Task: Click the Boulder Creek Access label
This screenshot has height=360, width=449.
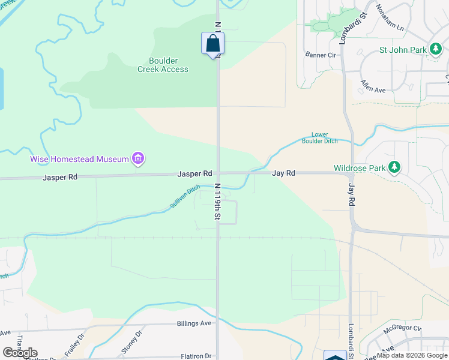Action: (x=163, y=65)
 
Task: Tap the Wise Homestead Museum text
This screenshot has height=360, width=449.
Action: (x=80, y=159)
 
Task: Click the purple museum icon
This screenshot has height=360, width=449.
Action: (x=139, y=159)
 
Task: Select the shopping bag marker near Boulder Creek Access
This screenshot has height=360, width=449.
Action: (x=212, y=43)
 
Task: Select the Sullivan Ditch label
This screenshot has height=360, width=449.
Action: (x=184, y=197)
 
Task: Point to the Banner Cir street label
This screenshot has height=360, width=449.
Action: (x=320, y=55)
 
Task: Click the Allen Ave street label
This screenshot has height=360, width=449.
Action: (x=373, y=85)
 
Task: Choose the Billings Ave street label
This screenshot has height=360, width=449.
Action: (x=194, y=323)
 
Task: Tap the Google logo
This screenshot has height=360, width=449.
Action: (x=20, y=353)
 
